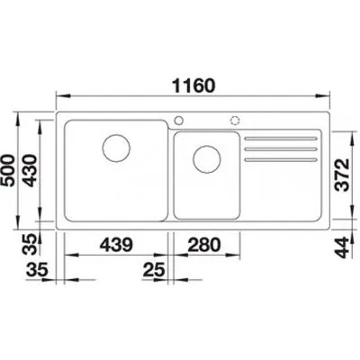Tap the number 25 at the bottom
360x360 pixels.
point(153,268)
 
